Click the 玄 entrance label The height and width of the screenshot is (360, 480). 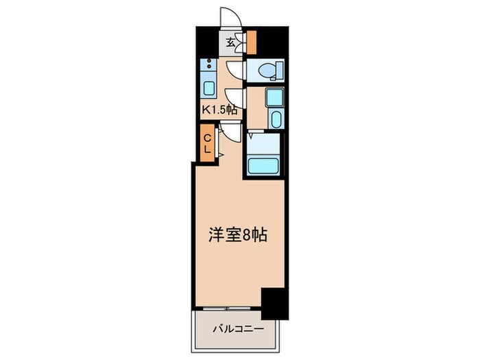coord(231,43)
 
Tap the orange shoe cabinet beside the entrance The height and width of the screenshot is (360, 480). coord(250,43)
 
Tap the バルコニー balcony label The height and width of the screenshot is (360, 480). coord(237,329)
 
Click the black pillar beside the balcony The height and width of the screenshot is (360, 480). coord(275,303)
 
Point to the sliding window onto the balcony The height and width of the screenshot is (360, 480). coord(227,308)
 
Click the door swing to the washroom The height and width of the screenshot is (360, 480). coord(235,97)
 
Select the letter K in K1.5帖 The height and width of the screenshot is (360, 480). coord(204,108)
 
